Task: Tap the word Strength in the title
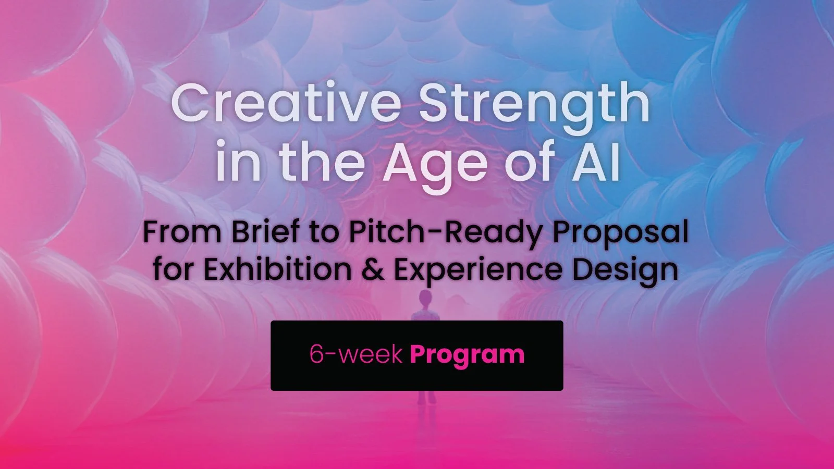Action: coord(534,104)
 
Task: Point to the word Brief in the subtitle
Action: coord(265,232)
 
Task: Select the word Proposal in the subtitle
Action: coord(620,233)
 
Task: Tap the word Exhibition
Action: coord(277,270)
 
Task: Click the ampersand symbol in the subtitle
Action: coord(372,270)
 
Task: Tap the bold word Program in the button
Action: coord(467,355)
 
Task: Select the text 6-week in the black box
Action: coord(356,354)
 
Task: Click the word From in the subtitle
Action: coord(182,232)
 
